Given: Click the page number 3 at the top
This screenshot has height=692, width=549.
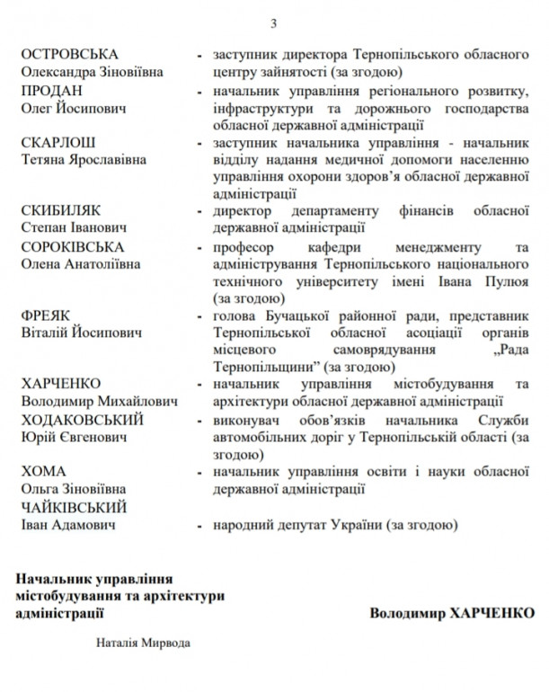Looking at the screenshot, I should click(x=274, y=22).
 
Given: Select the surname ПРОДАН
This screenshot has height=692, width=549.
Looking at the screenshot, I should click(x=52, y=92).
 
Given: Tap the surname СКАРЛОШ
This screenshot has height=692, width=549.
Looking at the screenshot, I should click(x=58, y=143).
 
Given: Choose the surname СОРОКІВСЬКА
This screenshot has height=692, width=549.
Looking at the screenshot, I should click(x=74, y=246).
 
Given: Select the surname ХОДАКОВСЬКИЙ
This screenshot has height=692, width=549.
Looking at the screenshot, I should click(x=82, y=421).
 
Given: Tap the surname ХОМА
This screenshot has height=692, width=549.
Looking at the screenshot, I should click(x=43, y=472).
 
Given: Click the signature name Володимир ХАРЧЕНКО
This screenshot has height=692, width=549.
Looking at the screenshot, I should click(x=451, y=613).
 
